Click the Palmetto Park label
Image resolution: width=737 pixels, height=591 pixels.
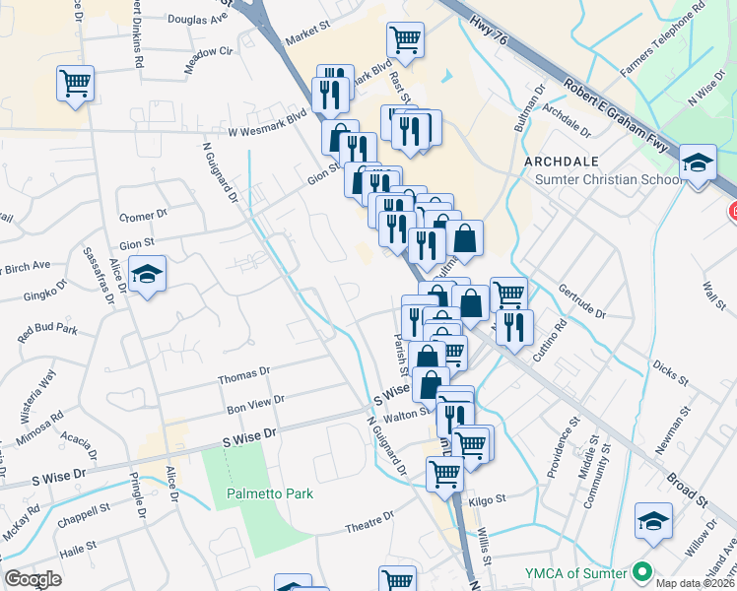(x=269, y=493)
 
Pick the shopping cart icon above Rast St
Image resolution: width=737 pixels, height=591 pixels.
(x=405, y=39)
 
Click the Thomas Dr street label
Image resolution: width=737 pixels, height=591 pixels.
(x=243, y=374)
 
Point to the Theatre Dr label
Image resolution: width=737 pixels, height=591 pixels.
(x=370, y=528)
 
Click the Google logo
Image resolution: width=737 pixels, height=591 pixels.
(x=33, y=579)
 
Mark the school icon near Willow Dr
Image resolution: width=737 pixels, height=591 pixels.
(x=654, y=521)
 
